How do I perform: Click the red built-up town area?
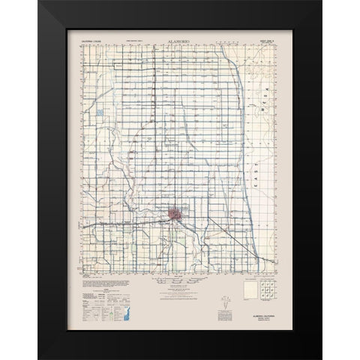click(175, 214)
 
